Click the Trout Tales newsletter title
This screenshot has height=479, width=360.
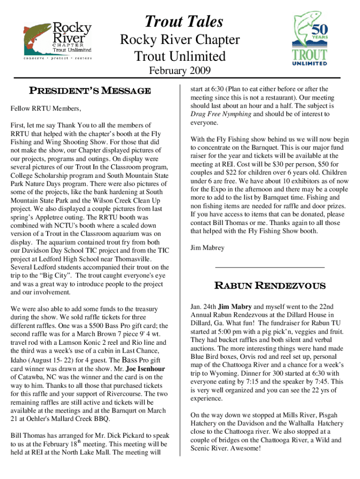(184, 22)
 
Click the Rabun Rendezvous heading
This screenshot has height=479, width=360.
(270, 285)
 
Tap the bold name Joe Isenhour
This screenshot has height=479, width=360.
(146, 368)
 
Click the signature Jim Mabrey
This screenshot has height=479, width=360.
(207, 247)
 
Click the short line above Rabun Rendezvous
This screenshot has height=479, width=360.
(269, 267)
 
